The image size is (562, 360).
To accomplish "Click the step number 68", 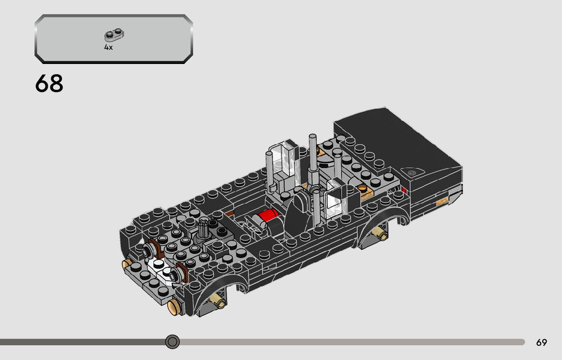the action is pos(49,84).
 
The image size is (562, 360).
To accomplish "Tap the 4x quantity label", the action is pos(108,47).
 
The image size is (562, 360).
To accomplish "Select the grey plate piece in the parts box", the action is pos(115,35).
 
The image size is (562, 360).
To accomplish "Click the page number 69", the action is pos(541,343).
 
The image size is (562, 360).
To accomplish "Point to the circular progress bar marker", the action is pos(173,342).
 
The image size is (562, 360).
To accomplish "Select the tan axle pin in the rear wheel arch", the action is pos(379,234).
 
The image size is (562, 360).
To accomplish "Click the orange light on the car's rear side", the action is pos(443,203).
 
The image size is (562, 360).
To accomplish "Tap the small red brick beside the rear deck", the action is pos(404,191).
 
